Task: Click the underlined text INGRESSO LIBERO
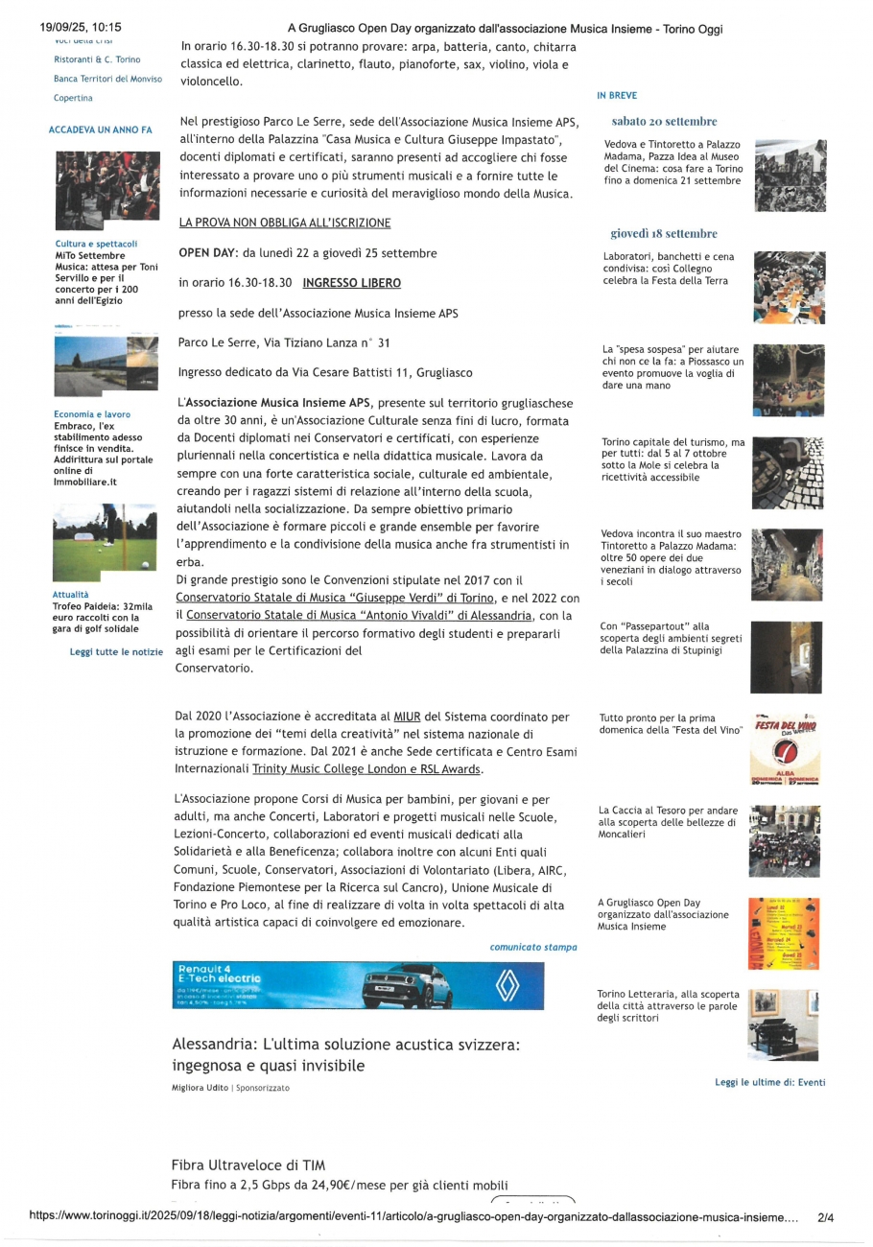[351, 283]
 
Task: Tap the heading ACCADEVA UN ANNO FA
[100, 129]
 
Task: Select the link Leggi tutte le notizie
[116, 652]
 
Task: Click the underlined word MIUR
[407, 717]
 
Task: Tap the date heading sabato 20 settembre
[664, 122]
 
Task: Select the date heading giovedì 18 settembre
[664, 233]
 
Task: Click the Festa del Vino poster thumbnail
[784, 748]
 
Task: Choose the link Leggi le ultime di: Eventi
[769, 1082]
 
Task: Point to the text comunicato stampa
[533, 947]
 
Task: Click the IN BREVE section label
[616, 96]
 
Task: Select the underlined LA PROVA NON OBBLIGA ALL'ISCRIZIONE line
[285, 223]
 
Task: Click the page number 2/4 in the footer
[825, 1218]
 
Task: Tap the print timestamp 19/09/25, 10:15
[73, 29]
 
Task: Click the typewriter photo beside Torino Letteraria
[784, 1023]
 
